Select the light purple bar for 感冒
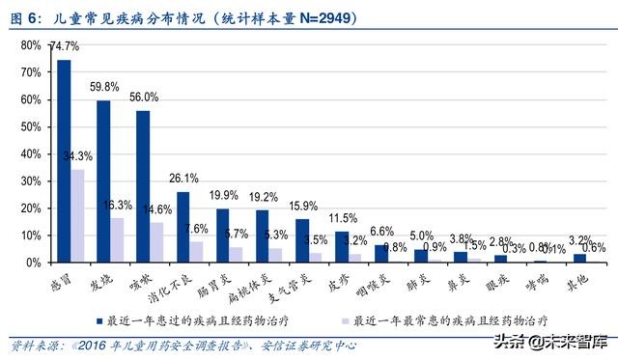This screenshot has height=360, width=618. click(x=77, y=215)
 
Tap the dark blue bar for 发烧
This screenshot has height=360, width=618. click(x=103, y=180)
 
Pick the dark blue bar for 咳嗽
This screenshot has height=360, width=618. click(x=143, y=185)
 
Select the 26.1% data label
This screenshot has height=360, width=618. click(x=183, y=178)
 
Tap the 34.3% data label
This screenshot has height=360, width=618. click(x=80, y=156)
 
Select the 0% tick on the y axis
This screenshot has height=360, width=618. click(x=32, y=262)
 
